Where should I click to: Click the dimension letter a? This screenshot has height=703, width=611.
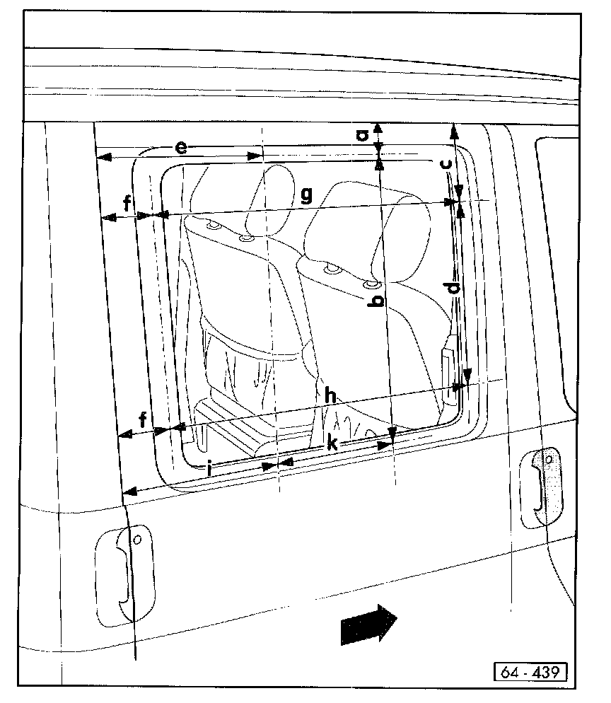[361, 134]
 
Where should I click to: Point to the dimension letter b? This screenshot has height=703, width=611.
[378, 301]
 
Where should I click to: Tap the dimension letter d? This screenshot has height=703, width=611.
[453, 288]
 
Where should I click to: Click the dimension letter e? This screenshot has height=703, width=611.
[181, 147]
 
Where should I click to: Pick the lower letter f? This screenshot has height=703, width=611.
[143, 420]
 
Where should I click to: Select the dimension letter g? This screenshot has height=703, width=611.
[305, 195]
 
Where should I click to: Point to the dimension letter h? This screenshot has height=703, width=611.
[330, 396]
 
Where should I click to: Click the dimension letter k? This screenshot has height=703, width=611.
[332, 444]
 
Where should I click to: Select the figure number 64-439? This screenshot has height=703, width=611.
[530, 671]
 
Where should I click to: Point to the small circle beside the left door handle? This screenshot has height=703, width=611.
[137, 540]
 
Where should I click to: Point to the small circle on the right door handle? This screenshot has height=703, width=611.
[549, 460]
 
